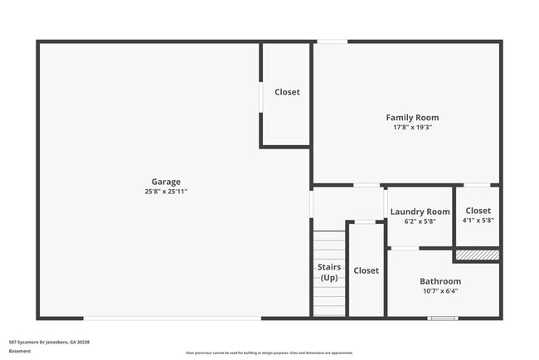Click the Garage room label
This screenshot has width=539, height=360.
(165, 182)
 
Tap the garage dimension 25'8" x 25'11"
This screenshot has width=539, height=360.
(165, 192)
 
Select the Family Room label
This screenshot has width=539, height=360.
(412, 118)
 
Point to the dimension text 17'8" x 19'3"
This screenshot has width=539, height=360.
(412, 128)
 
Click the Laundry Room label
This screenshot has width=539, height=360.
(420, 212)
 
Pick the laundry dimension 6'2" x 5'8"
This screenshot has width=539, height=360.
(420, 221)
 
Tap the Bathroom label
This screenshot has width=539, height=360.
(439, 281)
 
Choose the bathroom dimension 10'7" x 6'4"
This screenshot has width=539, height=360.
(439, 291)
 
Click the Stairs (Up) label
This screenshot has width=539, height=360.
(329, 271)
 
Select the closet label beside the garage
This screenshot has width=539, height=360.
(287, 92)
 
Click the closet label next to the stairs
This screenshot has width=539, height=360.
(366, 270)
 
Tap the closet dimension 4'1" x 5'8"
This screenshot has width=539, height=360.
(478, 221)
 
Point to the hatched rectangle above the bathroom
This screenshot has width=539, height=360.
(477, 255)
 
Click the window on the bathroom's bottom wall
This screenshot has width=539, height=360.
(442, 318)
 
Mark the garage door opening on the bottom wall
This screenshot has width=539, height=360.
(172, 318)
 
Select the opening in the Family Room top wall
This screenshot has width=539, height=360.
(332, 41)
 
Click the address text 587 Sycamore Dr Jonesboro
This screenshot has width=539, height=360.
(49, 342)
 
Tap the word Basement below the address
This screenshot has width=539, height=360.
(20, 351)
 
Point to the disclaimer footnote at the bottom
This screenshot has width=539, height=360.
(269, 353)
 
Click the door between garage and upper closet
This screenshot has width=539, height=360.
(262, 95)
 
